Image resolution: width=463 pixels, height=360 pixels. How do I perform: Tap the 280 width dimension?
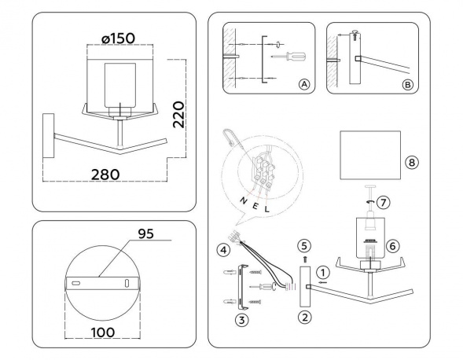point(104,173)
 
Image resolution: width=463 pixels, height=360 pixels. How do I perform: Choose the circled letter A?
point(304,85)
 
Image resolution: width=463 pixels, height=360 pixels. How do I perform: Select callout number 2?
point(304,317)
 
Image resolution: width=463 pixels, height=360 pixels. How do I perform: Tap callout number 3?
point(242,321)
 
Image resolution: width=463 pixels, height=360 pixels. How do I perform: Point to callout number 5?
point(305,244)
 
